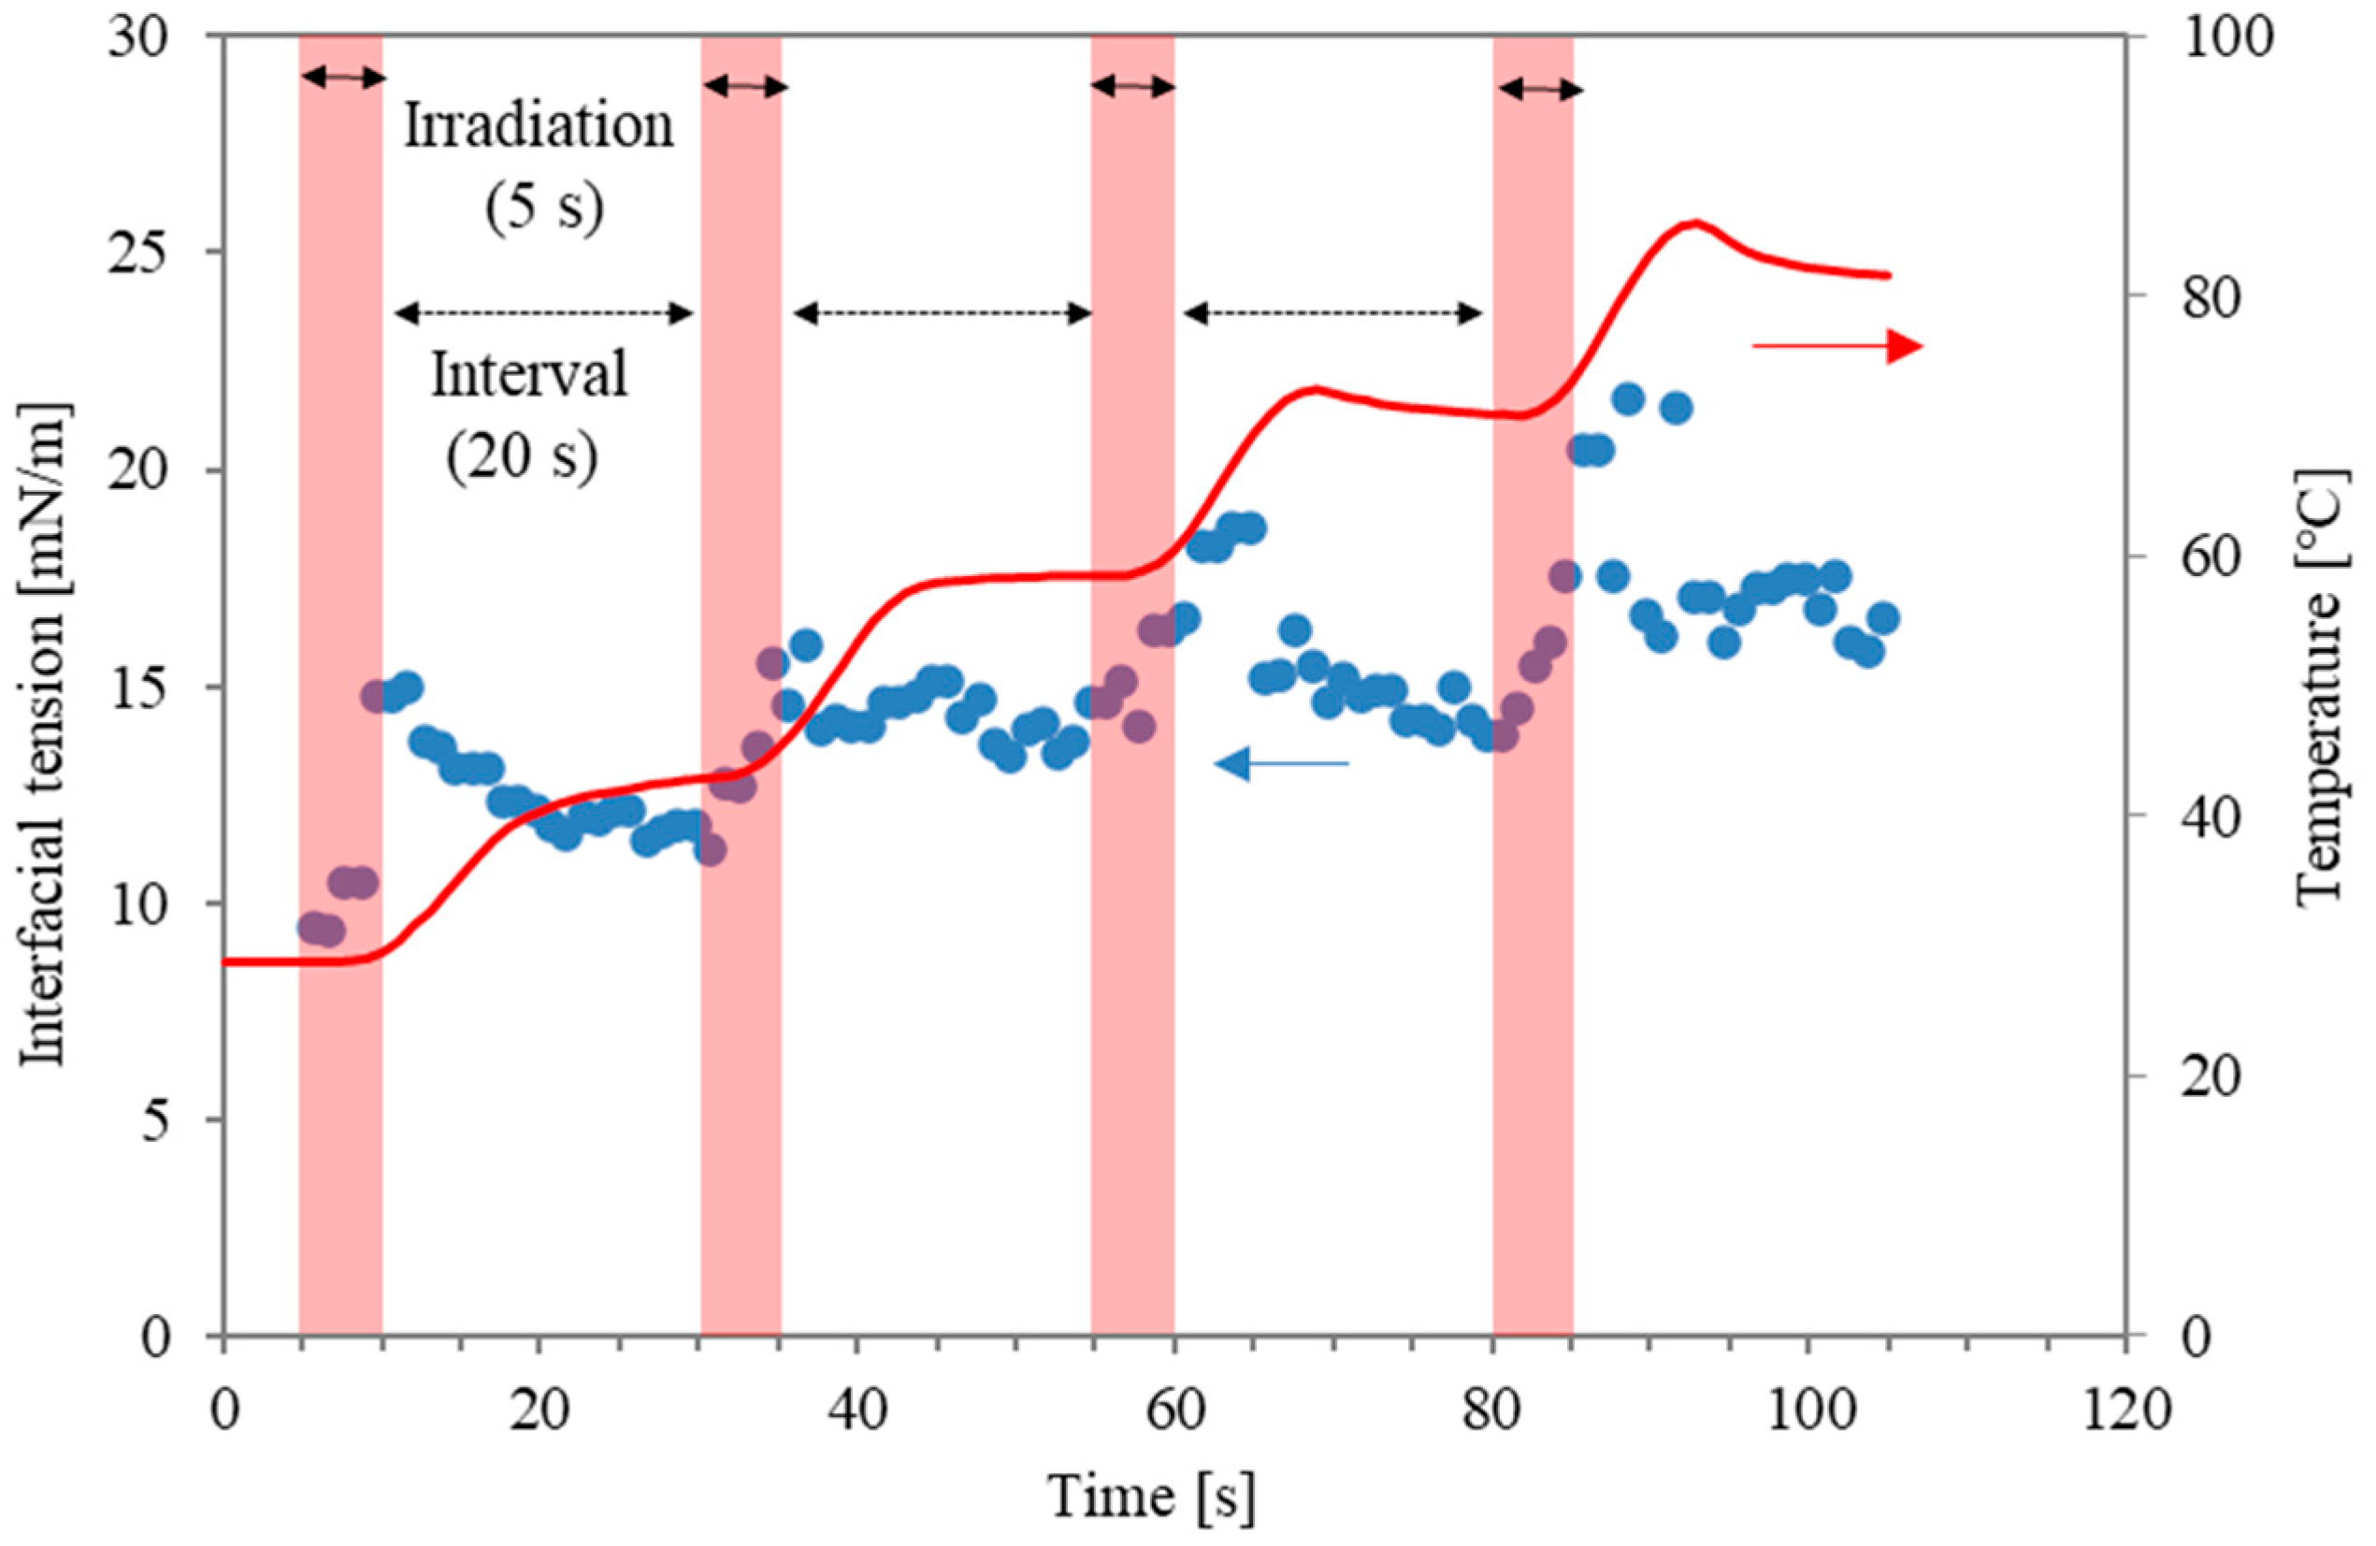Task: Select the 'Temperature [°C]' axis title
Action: pos(2321,689)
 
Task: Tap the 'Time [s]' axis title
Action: pos(1150,1497)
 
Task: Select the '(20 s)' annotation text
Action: pos(522,455)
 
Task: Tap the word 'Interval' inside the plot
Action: pos(529,376)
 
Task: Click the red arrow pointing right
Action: pos(1836,347)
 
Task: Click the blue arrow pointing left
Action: pos(1281,764)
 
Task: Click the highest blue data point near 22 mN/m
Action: pos(1628,399)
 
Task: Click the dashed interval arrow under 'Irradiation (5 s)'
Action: pos(544,313)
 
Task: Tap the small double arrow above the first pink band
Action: pos(342,77)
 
